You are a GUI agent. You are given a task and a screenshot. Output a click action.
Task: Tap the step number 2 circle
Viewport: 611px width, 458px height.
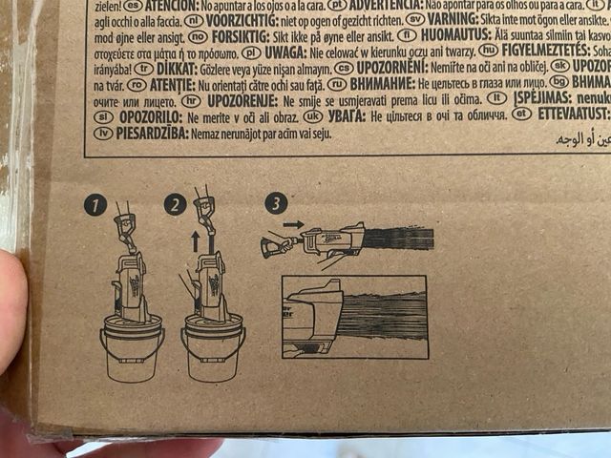[x=173, y=204]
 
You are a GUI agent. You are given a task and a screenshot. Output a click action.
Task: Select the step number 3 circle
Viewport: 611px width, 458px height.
[x=276, y=204]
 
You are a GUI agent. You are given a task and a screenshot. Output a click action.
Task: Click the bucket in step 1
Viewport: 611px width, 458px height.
[x=131, y=349]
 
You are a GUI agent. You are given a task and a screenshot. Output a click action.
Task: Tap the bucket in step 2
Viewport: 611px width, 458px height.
[x=213, y=349]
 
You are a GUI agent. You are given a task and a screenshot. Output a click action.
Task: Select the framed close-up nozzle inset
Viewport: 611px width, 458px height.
[x=354, y=317]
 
